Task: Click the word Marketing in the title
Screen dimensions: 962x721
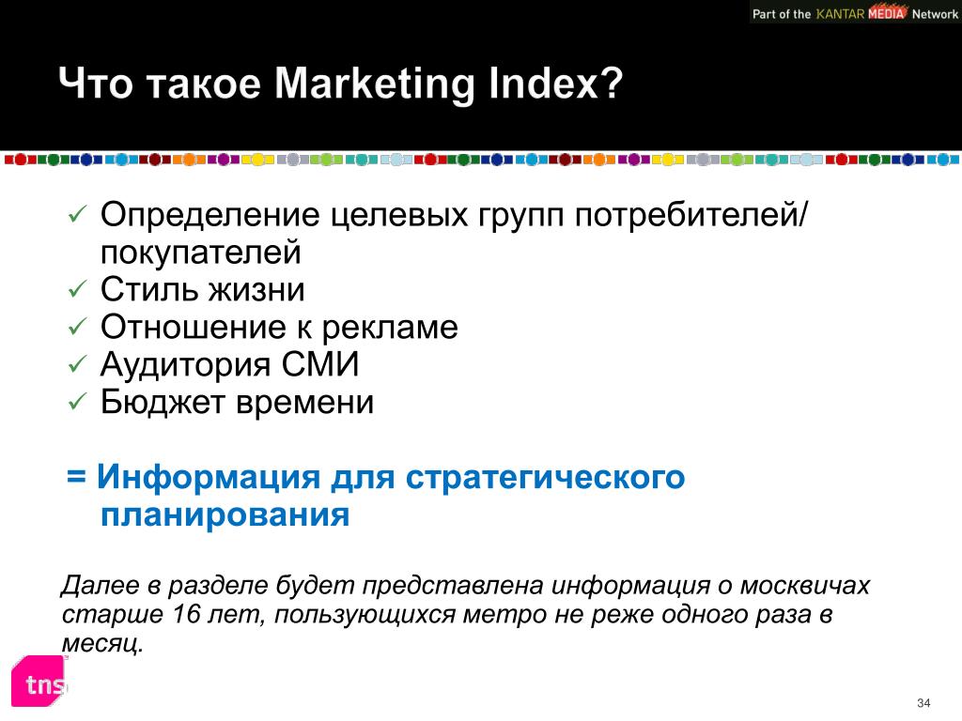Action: [x=374, y=84]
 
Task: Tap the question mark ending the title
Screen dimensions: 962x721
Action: [x=611, y=82]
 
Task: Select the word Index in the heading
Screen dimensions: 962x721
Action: [x=542, y=82]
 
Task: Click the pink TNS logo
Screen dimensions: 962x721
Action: [x=39, y=681]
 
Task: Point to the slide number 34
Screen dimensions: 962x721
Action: [x=923, y=702]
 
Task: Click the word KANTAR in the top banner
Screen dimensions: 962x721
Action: [x=840, y=13]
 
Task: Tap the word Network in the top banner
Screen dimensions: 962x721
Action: [x=935, y=13]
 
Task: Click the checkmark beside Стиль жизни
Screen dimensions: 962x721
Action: [x=77, y=289]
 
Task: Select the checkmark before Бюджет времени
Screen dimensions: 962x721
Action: [x=77, y=402]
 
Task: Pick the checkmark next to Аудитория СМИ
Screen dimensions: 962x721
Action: [x=77, y=364]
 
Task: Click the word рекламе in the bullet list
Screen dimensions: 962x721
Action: [x=390, y=328]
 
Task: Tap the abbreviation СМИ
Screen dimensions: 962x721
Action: [x=319, y=364]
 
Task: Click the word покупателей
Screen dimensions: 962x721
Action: [x=201, y=253]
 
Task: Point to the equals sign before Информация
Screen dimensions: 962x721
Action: [x=76, y=476]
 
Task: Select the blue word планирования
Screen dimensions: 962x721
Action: [x=225, y=515]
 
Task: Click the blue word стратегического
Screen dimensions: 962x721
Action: [x=545, y=478]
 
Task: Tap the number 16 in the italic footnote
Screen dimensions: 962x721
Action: [x=187, y=614]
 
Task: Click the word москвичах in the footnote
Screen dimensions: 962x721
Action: [x=805, y=586]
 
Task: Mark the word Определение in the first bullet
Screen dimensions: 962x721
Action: [x=209, y=216]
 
